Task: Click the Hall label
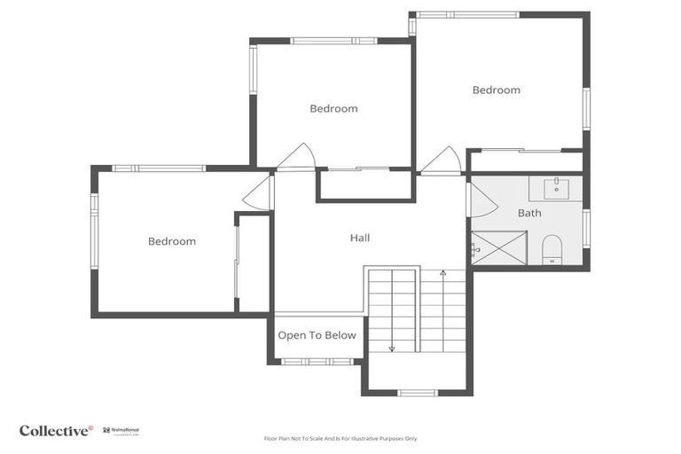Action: [360, 238]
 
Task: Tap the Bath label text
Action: [529, 213]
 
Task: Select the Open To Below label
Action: [317, 335]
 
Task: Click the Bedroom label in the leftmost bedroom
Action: [172, 241]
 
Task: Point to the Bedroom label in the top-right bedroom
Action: [496, 90]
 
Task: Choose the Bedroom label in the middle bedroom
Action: [333, 108]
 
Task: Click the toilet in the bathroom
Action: [552, 249]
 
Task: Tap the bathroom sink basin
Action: [556, 188]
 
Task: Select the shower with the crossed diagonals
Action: [498, 248]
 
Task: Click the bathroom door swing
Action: [481, 200]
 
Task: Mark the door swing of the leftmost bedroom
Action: [258, 193]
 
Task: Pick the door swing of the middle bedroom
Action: [296, 158]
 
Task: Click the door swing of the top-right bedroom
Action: [441, 161]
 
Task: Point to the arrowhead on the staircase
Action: [391, 348]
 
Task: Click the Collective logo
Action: [56, 430]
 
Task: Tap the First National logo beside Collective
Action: [121, 430]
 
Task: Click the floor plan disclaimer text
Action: [340, 438]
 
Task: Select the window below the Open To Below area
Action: [317, 361]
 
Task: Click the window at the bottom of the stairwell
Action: [417, 392]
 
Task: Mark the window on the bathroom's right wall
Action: [586, 228]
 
